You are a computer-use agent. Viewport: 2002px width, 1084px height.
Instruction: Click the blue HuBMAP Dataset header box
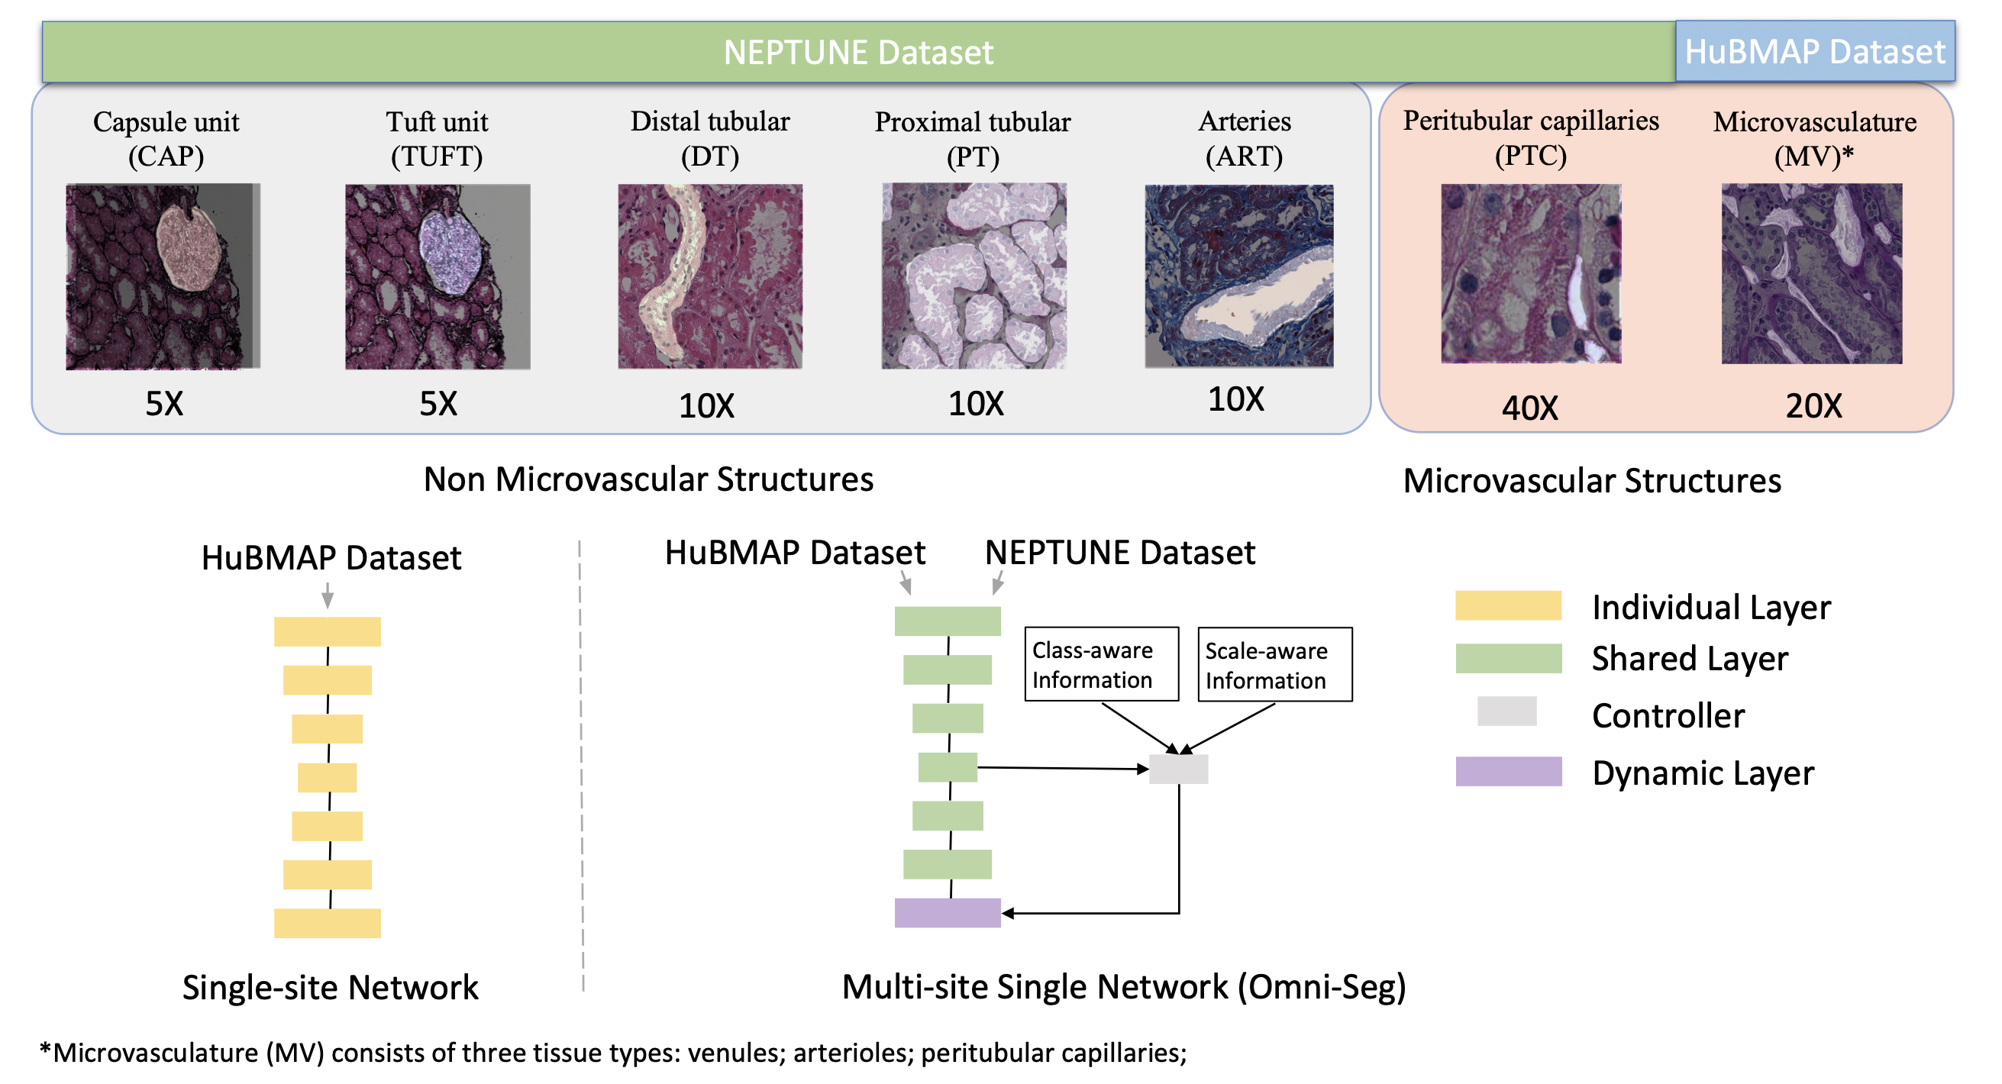pos(1814,52)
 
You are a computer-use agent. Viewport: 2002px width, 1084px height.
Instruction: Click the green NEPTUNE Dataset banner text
pos(858,53)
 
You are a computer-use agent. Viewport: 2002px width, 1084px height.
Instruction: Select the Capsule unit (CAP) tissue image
pos(163,276)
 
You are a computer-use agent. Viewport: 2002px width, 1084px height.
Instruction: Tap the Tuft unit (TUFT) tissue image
pos(438,276)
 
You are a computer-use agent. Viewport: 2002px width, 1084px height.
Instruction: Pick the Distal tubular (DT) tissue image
pos(709,276)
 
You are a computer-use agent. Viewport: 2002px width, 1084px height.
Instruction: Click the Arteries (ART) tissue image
pos(1238,276)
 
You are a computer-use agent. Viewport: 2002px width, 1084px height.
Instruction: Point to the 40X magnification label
pos(1529,408)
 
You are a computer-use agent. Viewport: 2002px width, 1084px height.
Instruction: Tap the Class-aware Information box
pos(1101,664)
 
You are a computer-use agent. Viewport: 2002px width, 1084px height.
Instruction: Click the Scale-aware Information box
pos(1274,665)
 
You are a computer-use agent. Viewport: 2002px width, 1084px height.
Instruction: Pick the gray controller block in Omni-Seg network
pos(1178,769)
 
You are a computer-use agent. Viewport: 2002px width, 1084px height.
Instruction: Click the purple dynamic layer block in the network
pos(948,913)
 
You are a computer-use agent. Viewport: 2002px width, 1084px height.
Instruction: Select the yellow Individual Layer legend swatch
pos(1508,606)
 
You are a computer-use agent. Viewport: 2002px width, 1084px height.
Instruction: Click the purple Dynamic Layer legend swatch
pos(1508,772)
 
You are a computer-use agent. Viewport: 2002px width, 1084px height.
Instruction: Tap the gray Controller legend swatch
pos(1506,711)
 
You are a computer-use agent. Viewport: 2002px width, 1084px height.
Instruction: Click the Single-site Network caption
pos(331,988)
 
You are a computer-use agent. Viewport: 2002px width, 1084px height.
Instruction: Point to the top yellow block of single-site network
pos(328,632)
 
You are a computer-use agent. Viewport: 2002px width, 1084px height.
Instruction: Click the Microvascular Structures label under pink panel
pos(1592,481)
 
